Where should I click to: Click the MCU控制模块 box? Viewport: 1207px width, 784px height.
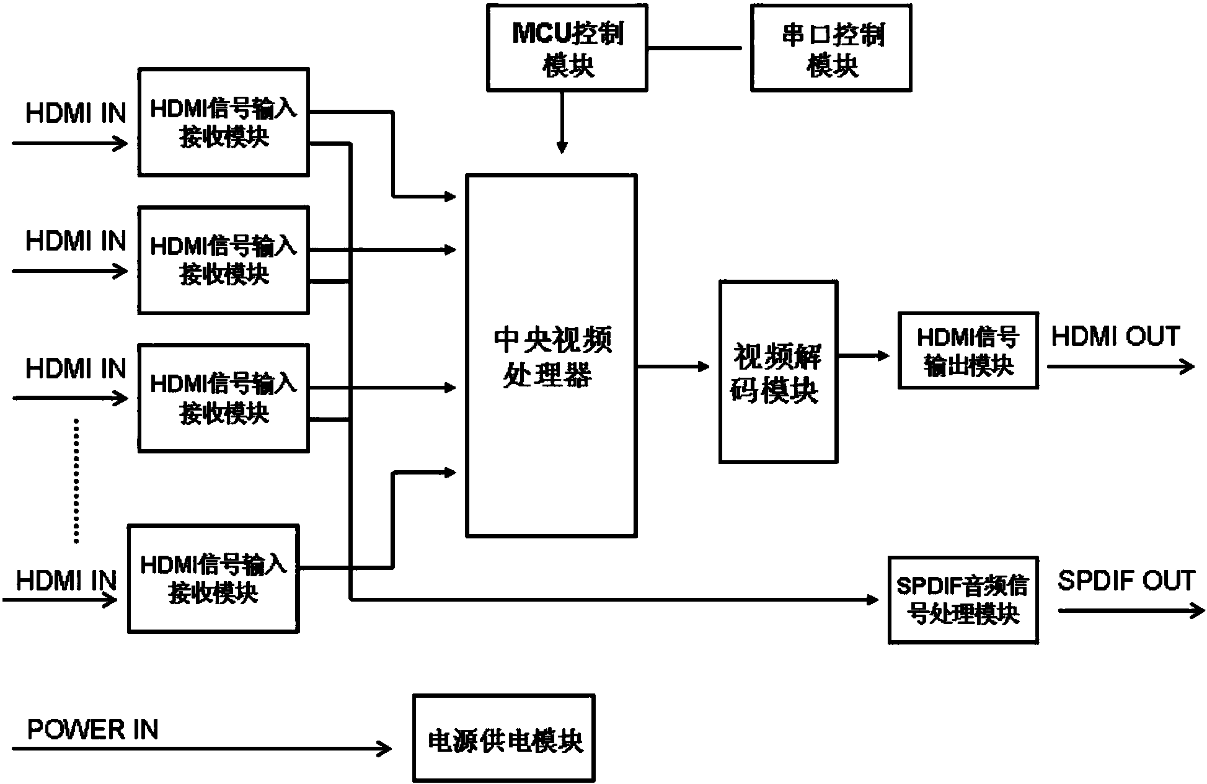pyautogui.click(x=567, y=48)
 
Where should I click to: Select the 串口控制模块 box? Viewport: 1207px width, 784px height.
pyautogui.click(x=831, y=48)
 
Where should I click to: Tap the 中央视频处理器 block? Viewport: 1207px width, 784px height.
pyautogui.click(x=551, y=355)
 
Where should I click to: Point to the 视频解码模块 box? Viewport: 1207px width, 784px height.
pyautogui.click(x=778, y=372)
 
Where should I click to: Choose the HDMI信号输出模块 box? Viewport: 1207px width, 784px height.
pyautogui.click(x=968, y=351)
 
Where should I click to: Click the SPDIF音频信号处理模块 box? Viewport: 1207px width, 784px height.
pyautogui.click(x=963, y=600)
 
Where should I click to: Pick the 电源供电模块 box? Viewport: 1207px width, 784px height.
pyautogui.click(x=503, y=737)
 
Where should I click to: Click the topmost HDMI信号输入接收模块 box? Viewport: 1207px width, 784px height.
pyautogui.click(x=223, y=122)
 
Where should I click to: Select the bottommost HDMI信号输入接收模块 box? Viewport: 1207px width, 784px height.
pyautogui.click(x=213, y=579)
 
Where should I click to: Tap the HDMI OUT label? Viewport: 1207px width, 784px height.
pyautogui.click(x=1115, y=336)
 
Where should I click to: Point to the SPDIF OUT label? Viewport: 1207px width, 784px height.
pyautogui.click(x=1125, y=581)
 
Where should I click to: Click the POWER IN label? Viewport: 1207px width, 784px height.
pyautogui.click(x=93, y=729)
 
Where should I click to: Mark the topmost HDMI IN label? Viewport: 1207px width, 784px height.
pyautogui.click(x=76, y=114)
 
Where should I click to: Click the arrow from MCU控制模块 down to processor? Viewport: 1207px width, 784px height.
pyautogui.click(x=562, y=122)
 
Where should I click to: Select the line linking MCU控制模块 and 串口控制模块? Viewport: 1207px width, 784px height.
pyautogui.click(x=694, y=48)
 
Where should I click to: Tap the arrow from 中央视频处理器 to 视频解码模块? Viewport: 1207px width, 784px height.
pyautogui.click(x=673, y=367)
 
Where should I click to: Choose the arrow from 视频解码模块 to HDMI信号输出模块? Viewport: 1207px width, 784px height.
pyautogui.click(x=864, y=356)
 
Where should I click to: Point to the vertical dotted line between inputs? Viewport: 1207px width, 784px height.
pyautogui.click(x=76, y=481)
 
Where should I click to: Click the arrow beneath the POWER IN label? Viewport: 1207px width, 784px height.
pyautogui.click(x=201, y=749)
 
